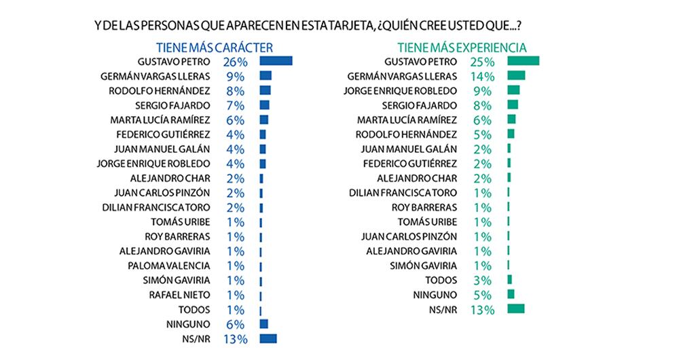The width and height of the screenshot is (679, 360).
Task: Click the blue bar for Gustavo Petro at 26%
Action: click(x=276, y=61)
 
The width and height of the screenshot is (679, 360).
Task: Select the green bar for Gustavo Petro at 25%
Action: click(x=523, y=61)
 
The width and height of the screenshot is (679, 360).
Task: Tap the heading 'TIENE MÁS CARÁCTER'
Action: click(x=215, y=48)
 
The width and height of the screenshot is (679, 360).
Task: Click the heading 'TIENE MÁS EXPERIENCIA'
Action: click(x=462, y=48)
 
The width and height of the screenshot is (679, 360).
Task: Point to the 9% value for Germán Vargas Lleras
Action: click(x=234, y=75)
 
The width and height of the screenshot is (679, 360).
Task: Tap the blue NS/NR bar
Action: click(x=268, y=338)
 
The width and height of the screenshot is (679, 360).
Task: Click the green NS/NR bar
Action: click(x=516, y=309)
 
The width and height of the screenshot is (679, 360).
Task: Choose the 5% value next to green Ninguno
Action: click(x=481, y=295)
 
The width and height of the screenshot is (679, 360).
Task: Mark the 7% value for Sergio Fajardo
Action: click(x=234, y=105)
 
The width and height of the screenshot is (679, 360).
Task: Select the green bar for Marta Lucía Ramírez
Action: click(x=511, y=120)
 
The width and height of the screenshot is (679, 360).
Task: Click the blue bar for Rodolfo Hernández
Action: click(x=265, y=90)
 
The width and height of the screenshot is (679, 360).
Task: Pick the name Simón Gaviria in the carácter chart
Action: click(x=181, y=280)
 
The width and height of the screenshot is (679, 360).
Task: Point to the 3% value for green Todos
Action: click(x=481, y=280)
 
